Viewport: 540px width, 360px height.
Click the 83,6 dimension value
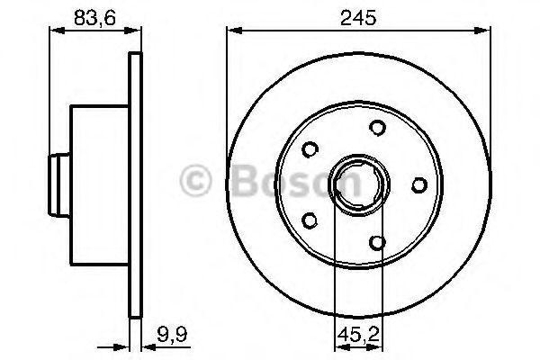tap(94, 18)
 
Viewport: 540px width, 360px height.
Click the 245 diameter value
tap(358, 18)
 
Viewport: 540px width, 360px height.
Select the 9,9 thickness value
tap(172, 334)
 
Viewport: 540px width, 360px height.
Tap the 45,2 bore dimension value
tap(358, 334)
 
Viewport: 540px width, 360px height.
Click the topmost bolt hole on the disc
tap(377, 128)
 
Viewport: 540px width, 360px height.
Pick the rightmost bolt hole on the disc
tap(419, 185)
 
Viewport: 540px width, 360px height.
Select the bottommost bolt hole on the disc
tap(377, 242)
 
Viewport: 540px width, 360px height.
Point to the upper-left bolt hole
tap(310, 149)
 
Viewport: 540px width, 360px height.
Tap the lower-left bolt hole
tap(310, 220)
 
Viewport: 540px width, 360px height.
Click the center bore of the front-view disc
tap(358, 185)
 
